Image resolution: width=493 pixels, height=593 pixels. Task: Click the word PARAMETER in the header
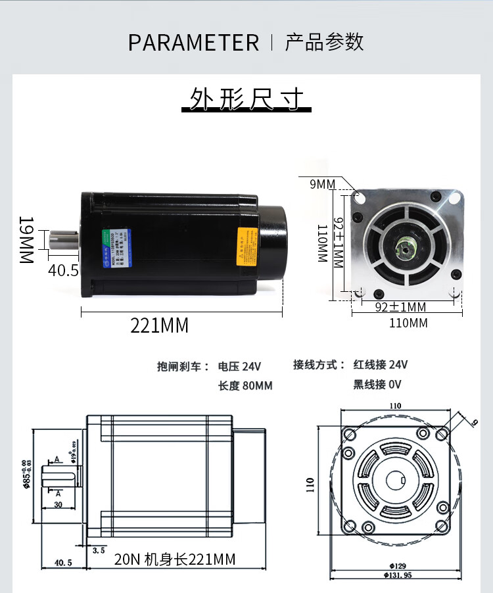[193, 43]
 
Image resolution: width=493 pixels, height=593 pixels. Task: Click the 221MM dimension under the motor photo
[159, 325]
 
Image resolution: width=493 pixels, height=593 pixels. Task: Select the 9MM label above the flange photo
[322, 184]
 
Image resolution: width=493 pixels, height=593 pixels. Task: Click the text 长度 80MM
[245, 386]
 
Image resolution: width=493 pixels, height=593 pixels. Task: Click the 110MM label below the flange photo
[409, 323]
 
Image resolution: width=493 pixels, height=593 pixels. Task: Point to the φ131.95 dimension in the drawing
[395, 575]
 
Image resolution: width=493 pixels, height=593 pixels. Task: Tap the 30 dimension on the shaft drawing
[58, 505]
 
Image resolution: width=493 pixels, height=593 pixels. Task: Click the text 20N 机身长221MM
[174, 559]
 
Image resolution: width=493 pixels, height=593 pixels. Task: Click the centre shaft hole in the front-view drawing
[395, 481]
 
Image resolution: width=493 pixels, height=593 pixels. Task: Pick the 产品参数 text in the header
[324, 43]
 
